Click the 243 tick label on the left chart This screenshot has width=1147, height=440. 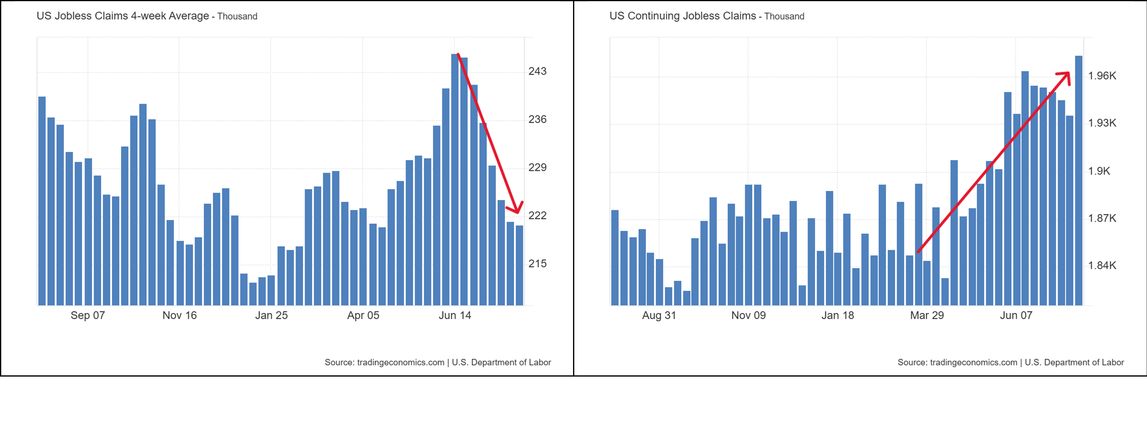(x=537, y=71)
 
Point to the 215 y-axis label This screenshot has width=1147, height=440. (x=537, y=264)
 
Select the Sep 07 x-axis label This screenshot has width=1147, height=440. (x=88, y=315)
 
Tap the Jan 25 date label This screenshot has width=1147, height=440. (x=271, y=315)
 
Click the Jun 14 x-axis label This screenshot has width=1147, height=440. (x=455, y=315)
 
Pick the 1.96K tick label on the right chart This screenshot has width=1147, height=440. (x=1102, y=76)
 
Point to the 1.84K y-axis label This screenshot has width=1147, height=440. (x=1102, y=265)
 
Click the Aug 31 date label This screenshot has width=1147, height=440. (x=659, y=315)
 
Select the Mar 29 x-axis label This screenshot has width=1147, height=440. (x=927, y=315)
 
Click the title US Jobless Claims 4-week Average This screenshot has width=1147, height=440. (x=123, y=16)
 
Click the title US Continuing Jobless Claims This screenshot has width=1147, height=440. (x=682, y=16)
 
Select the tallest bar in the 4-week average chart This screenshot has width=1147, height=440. (x=455, y=178)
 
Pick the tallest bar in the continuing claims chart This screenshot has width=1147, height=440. (x=1078, y=178)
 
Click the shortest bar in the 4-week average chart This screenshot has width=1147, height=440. (x=253, y=294)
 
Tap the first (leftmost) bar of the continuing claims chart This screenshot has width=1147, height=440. (x=615, y=258)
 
